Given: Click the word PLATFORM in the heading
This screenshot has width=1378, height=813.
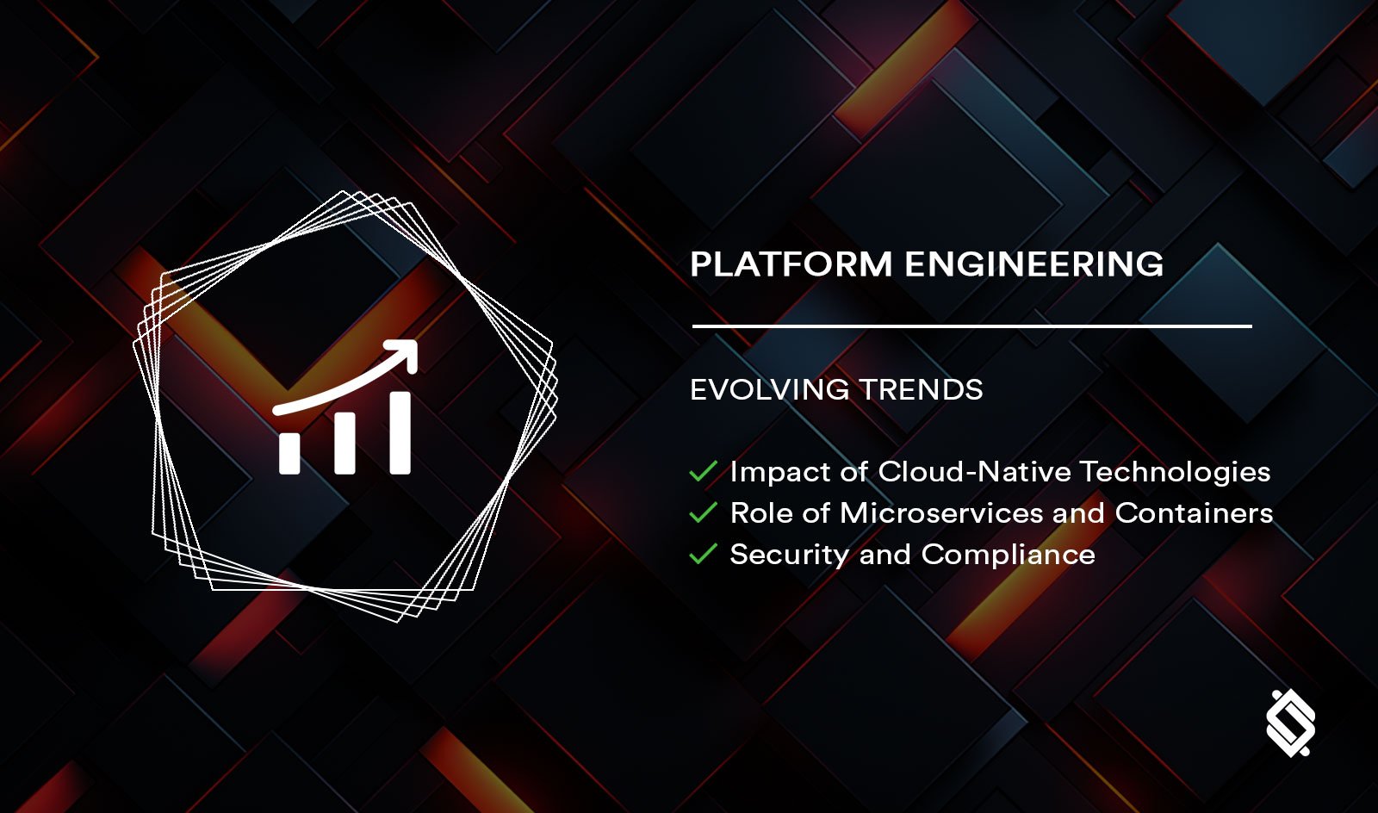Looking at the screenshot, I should [791, 264].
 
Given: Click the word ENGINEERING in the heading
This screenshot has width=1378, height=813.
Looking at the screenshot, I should [1033, 264].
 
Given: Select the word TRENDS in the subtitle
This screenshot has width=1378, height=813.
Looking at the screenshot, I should [921, 390].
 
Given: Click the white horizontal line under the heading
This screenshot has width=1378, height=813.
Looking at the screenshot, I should [971, 326].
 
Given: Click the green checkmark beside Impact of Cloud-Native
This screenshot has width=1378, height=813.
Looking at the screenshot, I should [704, 472].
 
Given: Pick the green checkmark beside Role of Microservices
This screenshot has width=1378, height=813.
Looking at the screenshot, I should [704, 513].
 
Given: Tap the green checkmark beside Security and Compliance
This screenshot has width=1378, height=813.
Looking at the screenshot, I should [704, 555].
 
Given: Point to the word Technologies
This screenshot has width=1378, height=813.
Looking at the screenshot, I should [1175, 472].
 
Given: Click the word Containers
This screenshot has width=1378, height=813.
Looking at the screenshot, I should [1194, 513].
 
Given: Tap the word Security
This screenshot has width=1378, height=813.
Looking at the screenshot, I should [789, 555].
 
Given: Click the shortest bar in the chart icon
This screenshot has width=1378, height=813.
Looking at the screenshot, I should [289, 453].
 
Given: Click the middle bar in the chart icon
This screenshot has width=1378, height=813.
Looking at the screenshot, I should [344, 444].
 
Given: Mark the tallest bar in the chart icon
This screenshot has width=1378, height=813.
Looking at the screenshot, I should [400, 432].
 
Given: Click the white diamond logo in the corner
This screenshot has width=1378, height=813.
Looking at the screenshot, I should [1290, 723].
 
